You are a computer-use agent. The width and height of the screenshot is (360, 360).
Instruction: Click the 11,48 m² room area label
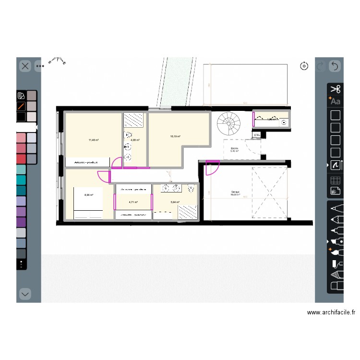[x=93, y=140]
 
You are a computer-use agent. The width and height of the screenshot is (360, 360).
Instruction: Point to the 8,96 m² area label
[x=89, y=195]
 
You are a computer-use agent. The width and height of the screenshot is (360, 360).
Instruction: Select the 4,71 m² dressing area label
[x=133, y=202]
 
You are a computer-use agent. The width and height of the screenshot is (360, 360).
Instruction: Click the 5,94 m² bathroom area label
[x=175, y=202]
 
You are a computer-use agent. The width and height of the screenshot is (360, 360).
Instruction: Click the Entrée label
[x=235, y=149]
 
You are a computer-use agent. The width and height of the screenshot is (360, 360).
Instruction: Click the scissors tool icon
[x=336, y=89]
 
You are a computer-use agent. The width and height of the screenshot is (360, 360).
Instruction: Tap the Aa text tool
[x=335, y=101]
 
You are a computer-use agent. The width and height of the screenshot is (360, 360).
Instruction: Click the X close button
[x=25, y=66]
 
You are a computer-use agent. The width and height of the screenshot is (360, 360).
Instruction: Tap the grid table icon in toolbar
[x=336, y=180]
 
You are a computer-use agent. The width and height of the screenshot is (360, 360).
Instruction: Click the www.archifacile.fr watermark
[x=331, y=312]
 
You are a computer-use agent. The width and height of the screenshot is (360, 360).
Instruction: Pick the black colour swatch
[x=21, y=117]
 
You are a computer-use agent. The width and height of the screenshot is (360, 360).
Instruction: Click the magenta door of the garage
[x=212, y=168]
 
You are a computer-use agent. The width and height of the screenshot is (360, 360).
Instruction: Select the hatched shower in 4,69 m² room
[x=134, y=120]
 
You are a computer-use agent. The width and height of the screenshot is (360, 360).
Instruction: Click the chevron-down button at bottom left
[x=25, y=293]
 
